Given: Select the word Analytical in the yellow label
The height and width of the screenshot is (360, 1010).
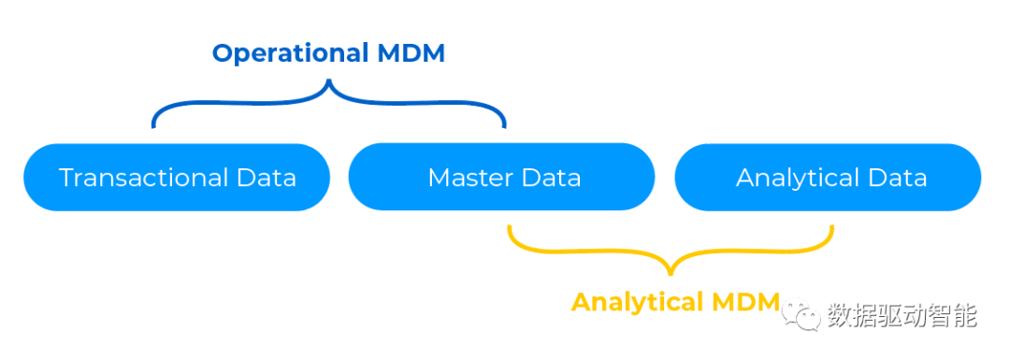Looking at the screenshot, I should pyautogui.click(x=636, y=302).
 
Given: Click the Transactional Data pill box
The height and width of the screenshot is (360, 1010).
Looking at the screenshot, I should pyautogui.click(x=177, y=177).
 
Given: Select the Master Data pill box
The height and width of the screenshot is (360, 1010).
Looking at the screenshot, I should pyautogui.click(x=502, y=177).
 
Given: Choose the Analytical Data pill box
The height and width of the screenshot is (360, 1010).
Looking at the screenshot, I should pyautogui.click(x=829, y=177).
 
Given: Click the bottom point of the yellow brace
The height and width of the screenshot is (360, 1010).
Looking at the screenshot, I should pyautogui.click(x=671, y=273).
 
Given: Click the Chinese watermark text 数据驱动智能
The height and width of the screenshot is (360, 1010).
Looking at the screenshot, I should pyautogui.click(x=902, y=316).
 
